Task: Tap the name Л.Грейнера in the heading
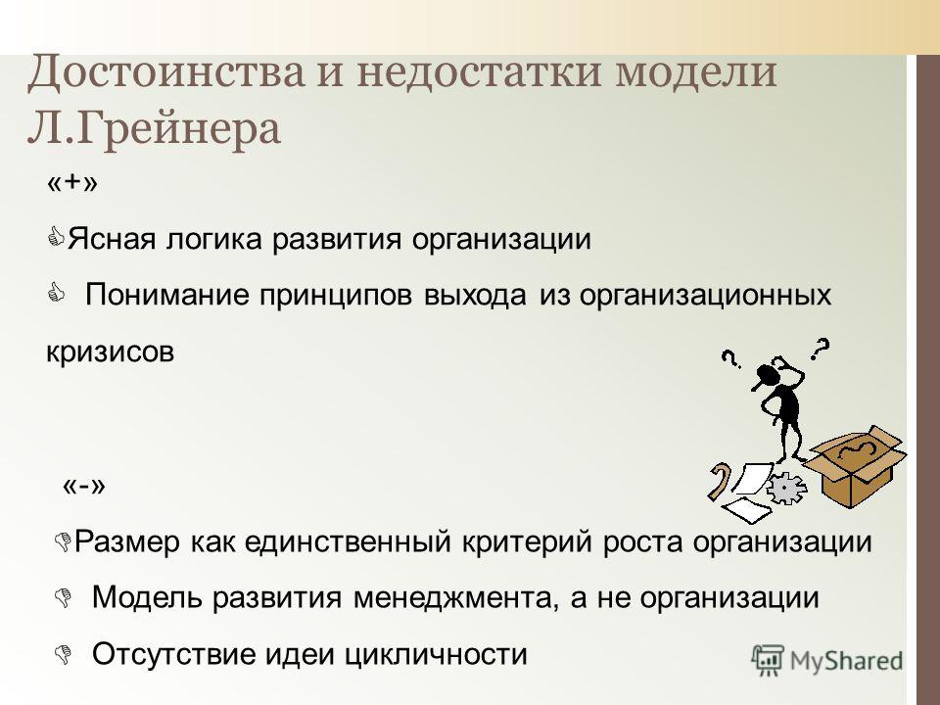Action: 154,129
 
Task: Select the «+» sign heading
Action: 71,183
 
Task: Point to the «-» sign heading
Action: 84,486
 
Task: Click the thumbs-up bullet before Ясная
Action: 57,237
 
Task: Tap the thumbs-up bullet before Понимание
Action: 57,293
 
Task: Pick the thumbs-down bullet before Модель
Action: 63,597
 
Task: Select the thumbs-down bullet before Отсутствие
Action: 63,654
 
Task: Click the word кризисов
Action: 111,352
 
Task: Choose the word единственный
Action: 349,542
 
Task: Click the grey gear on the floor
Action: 786,488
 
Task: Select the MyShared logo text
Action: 846,661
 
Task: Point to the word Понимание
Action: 167,295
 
